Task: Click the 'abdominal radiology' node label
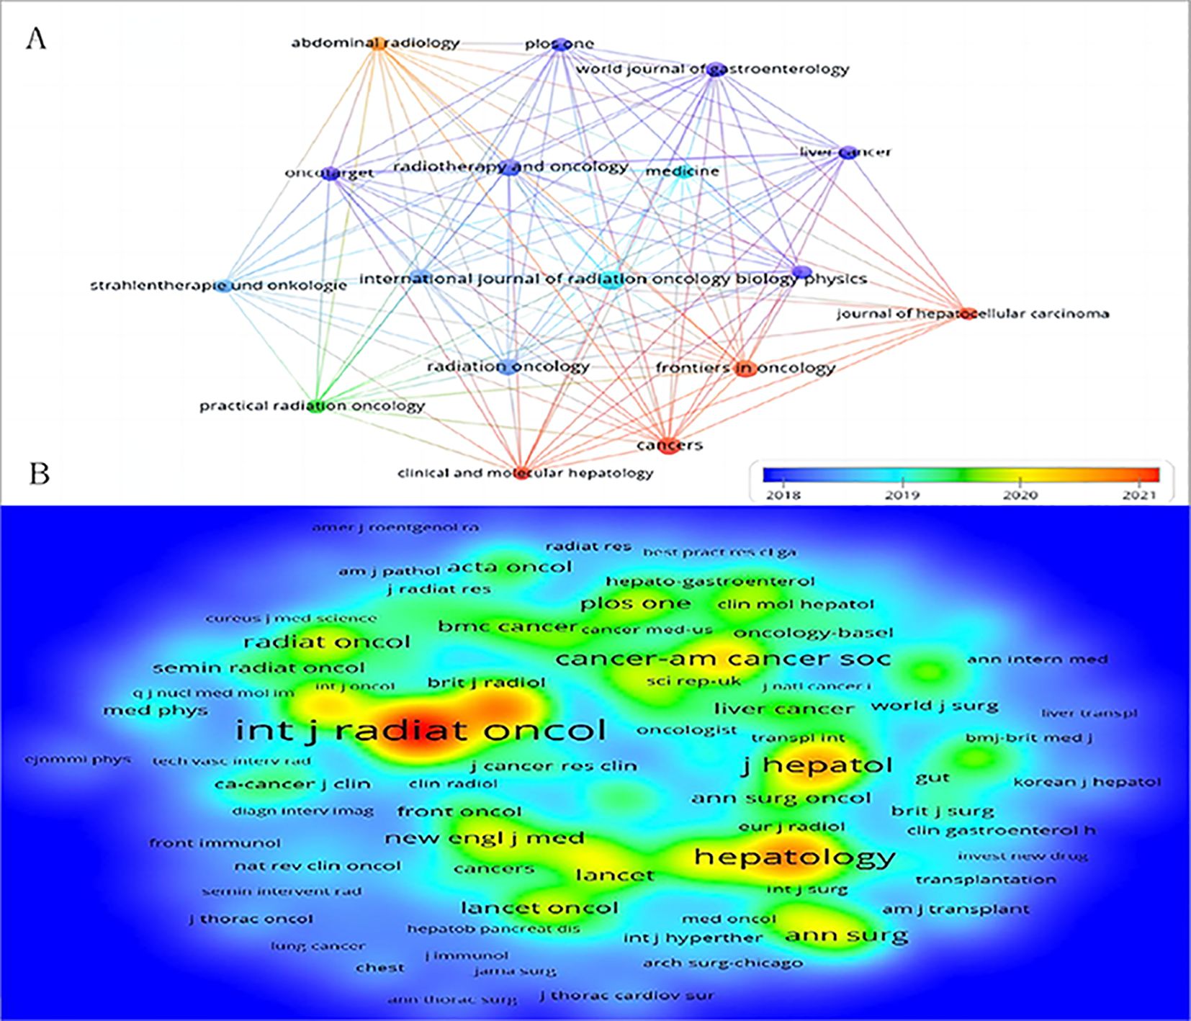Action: click(x=375, y=43)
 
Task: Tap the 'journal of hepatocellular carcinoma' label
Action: click(x=972, y=314)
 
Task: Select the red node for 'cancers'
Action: click(x=669, y=444)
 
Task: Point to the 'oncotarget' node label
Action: click(x=329, y=173)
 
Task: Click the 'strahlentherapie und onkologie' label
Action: click(x=218, y=286)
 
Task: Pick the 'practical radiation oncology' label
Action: click(x=312, y=406)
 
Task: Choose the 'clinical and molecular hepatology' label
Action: click(x=526, y=473)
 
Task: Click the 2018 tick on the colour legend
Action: click(x=783, y=495)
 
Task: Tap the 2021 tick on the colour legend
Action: click(x=1138, y=495)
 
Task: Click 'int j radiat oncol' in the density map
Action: click(x=421, y=731)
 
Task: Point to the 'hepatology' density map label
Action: click(x=794, y=857)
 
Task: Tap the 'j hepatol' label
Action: click(x=817, y=765)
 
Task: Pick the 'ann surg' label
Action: click(x=846, y=935)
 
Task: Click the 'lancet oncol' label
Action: click(x=539, y=908)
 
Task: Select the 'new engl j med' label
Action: click(x=484, y=838)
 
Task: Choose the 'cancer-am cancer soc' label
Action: click(x=723, y=658)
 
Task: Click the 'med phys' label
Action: click(x=156, y=711)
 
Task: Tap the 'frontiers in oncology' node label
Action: click(x=745, y=368)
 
